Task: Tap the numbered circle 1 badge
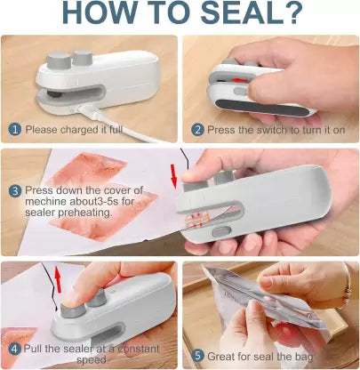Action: [x=14, y=129]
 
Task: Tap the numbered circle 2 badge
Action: [x=197, y=129]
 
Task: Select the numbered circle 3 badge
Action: [x=14, y=189]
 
